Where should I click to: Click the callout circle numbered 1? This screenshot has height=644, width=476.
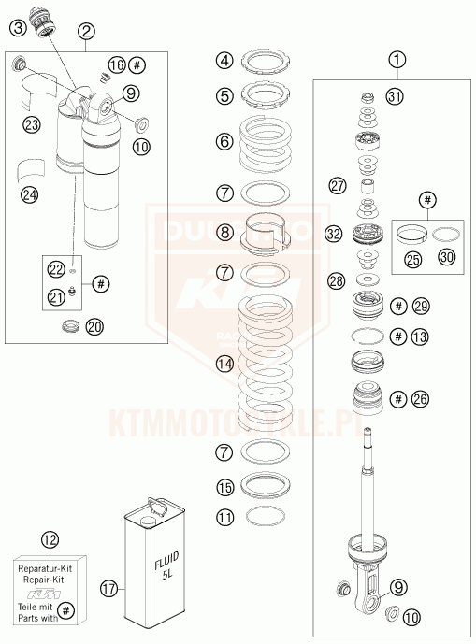[x=397, y=61]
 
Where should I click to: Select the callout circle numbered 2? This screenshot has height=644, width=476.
[x=86, y=32]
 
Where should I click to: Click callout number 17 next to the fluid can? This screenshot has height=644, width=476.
[x=109, y=589]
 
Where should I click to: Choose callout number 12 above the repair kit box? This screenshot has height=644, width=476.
[x=50, y=539]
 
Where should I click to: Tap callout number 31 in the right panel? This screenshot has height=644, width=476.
[x=395, y=97]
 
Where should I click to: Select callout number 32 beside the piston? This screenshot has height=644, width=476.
[x=333, y=234]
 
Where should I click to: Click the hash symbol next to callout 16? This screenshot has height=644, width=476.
[x=138, y=65]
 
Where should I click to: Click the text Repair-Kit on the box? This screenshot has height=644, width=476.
[x=50, y=580]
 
